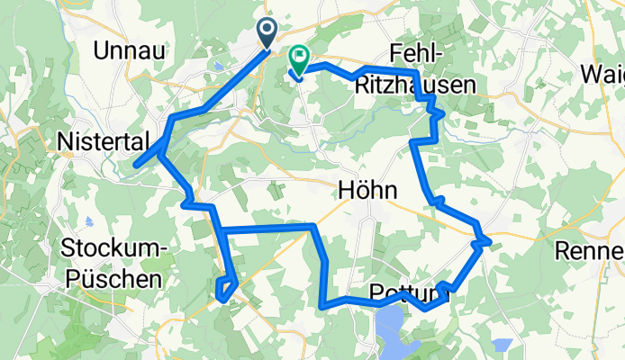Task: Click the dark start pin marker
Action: coord(268,32)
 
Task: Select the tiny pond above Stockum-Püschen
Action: coord(88,221)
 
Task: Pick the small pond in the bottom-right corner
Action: coord(503,345)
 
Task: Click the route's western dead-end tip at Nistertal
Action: coord(136,165)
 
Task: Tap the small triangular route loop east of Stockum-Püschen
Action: coord(225,288)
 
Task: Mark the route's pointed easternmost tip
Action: coord(489,241)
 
